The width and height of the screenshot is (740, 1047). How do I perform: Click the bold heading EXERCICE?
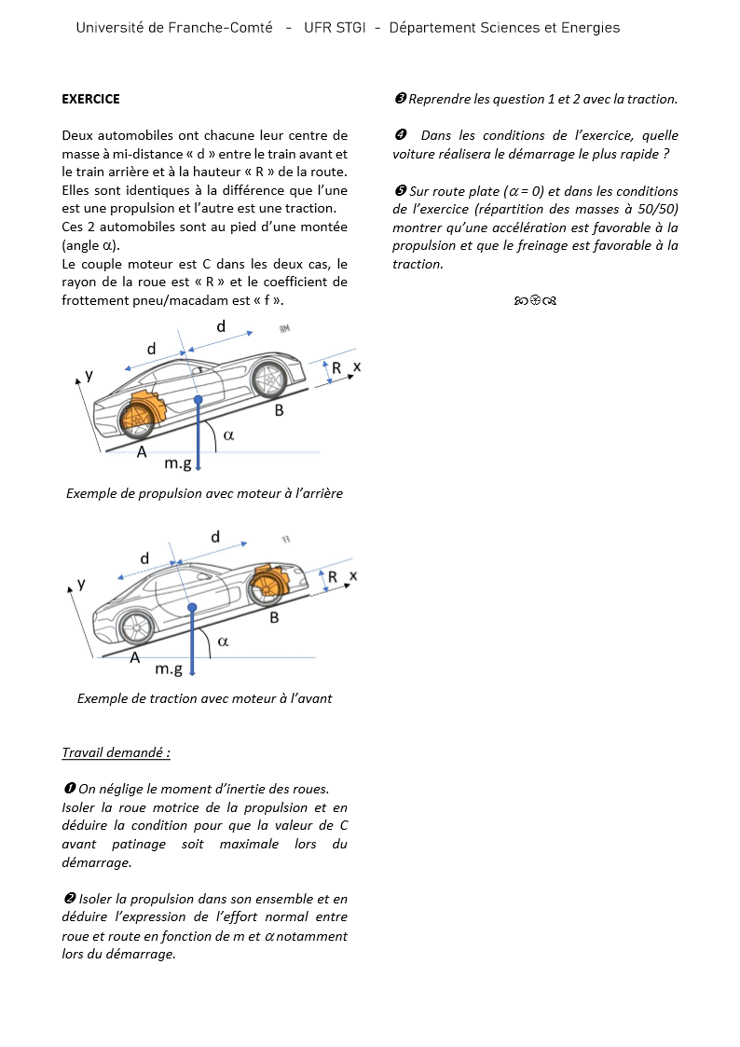click(x=90, y=99)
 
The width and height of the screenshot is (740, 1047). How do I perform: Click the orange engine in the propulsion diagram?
click(x=144, y=411)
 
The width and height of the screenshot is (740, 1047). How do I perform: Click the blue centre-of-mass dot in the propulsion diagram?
click(x=198, y=400)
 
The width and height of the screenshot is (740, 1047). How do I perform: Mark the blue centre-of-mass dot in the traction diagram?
click(x=192, y=607)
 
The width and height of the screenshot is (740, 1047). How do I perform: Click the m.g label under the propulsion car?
click(x=178, y=463)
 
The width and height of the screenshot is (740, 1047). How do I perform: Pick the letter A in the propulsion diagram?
click(x=142, y=452)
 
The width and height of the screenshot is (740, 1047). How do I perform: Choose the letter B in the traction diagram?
click(x=274, y=617)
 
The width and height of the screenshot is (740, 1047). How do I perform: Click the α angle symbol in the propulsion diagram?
click(x=228, y=434)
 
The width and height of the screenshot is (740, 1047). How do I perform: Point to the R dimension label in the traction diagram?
click(x=333, y=578)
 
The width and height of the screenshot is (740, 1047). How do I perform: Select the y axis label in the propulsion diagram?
click(x=89, y=375)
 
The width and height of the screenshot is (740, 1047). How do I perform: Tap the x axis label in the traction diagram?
click(x=353, y=575)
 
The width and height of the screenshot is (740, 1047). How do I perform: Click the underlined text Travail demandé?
click(x=116, y=752)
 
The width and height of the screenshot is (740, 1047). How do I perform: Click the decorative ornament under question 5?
click(x=535, y=301)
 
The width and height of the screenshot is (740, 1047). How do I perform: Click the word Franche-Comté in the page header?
click(x=222, y=28)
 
